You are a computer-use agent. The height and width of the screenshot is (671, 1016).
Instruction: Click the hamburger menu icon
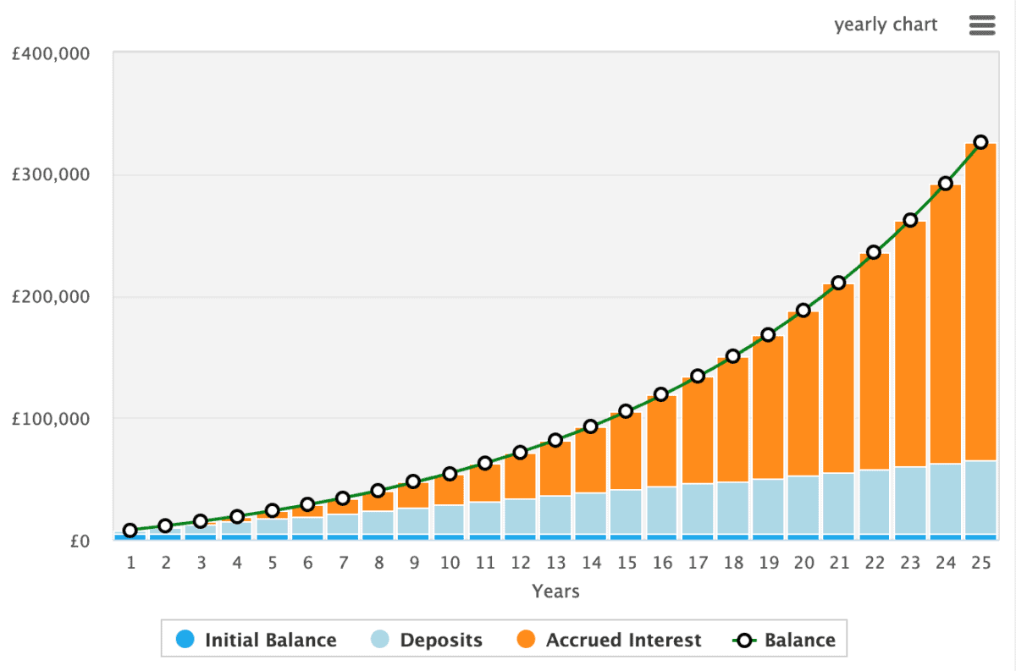point(981,25)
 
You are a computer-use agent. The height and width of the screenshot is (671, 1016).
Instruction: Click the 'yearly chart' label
point(886,25)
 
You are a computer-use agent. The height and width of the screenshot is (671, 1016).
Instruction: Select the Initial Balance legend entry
point(258,640)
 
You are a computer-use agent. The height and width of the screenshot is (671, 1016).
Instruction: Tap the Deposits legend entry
point(428,640)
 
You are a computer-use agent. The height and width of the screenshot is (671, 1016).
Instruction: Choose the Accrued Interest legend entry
point(610,640)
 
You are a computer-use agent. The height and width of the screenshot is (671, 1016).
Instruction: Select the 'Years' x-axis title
point(555,591)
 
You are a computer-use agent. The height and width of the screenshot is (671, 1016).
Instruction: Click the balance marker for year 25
point(980,142)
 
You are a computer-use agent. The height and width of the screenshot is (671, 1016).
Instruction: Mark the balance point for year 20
point(803,311)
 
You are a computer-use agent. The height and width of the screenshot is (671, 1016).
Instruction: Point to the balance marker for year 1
point(130,531)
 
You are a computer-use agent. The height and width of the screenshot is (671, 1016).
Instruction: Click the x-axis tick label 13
point(555,562)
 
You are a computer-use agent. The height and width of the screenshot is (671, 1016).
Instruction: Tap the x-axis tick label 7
point(343,562)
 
